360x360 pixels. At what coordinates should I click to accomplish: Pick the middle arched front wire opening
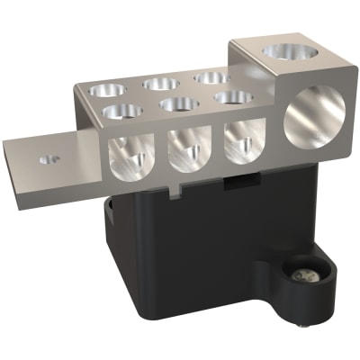point(188,148)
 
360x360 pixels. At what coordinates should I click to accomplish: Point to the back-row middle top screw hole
point(163,83)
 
